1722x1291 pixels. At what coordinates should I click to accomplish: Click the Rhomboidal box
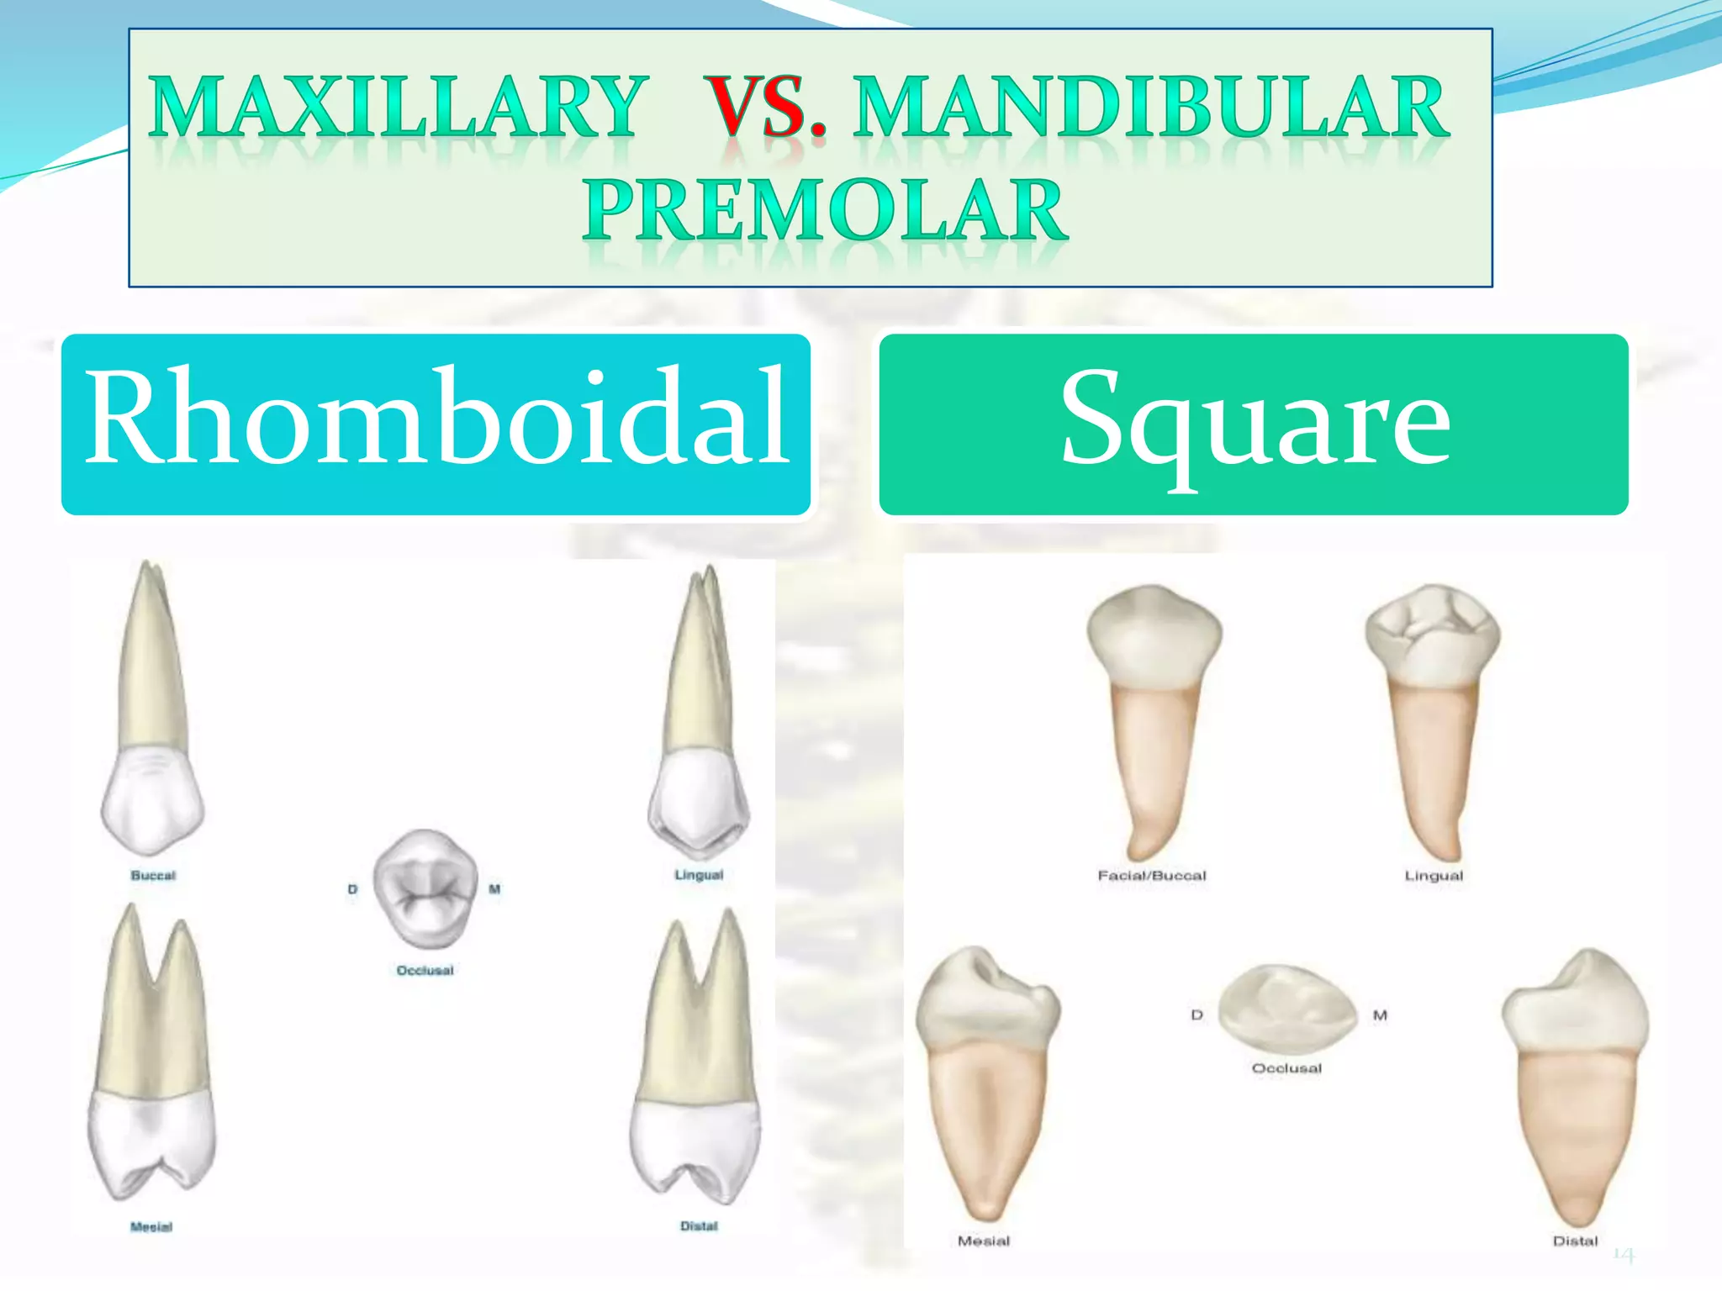pyautogui.click(x=436, y=424)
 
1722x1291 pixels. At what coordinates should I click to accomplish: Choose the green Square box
pyautogui.click(x=1253, y=424)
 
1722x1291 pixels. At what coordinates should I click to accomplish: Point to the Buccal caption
pyautogui.click(x=153, y=875)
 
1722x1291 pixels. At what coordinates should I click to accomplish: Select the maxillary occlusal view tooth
pyautogui.click(x=425, y=889)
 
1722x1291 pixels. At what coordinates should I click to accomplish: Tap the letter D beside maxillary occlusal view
pyautogui.click(x=352, y=889)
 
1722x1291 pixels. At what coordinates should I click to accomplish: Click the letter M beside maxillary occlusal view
pyautogui.click(x=494, y=888)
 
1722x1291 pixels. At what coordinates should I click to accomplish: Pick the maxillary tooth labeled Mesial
pyautogui.click(x=151, y=1059)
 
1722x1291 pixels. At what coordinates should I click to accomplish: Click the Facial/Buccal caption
pyautogui.click(x=1151, y=875)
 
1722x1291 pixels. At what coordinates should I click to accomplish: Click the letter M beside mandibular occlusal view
pyautogui.click(x=1380, y=1015)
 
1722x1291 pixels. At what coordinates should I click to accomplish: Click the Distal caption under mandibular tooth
pyautogui.click(x=1574, y=1241)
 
